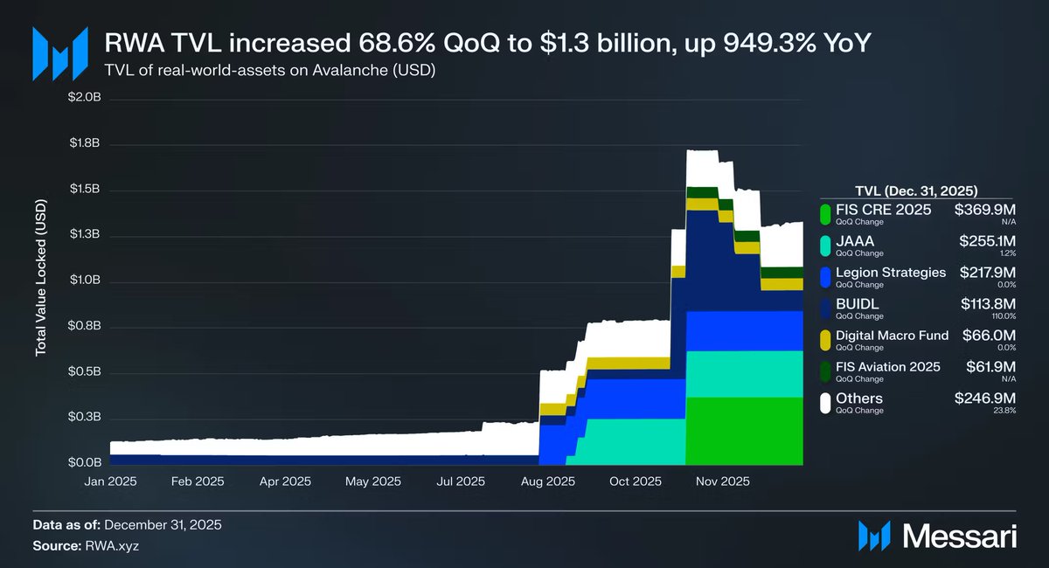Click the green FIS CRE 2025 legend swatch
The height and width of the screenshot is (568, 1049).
point(824,213)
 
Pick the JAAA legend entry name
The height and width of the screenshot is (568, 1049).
point(855,240)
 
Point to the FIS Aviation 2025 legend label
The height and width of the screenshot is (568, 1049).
point(888,367)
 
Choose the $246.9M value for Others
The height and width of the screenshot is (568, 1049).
point(986,398)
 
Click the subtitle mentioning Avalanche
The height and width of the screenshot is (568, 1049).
point(270,70)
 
